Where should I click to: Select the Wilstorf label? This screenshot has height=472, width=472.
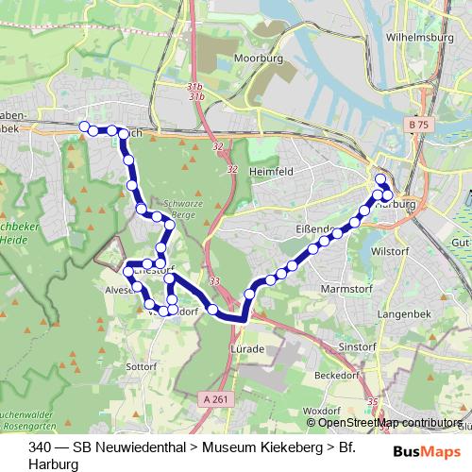point(416,253)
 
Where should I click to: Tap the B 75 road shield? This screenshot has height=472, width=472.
point(422,124)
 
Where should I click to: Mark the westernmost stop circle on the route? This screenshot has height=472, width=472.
point(84,126)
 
